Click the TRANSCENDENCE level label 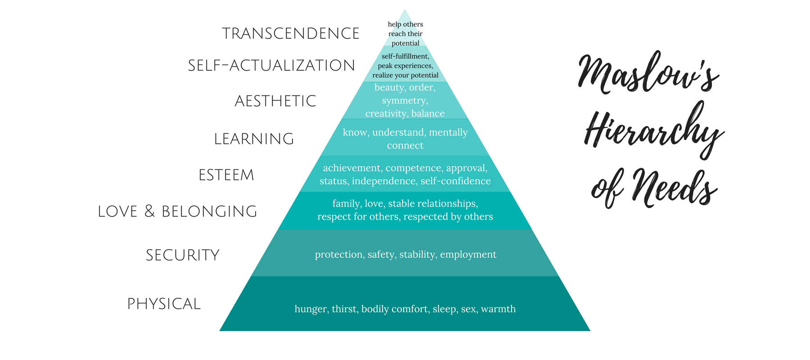coord(291,34)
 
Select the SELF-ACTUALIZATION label coord(271,66)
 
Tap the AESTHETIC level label coord(275,101)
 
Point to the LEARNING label coord(254,139)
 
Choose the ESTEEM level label coord(226,175)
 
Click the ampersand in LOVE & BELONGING coord(149,211)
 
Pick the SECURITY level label coord(183,255)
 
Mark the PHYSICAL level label coord(164,304)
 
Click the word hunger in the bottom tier coord(311,309)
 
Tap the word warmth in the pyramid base coord(498,309)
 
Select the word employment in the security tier coord(468,255)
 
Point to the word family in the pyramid coord(346,204)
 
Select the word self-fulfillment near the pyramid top coord(405,56)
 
